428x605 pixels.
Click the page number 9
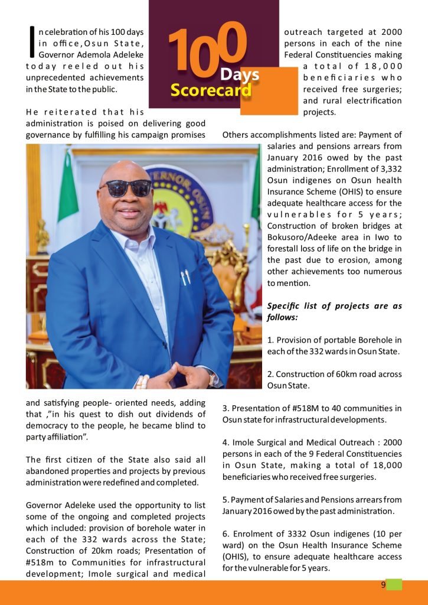click(x=383, y=585)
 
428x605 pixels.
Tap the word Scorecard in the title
click(x=211, y=90)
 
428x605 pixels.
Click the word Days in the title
click(x=240, y=74)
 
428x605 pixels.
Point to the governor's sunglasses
click(x=125, y=188)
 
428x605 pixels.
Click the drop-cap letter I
click(x=31, y=43)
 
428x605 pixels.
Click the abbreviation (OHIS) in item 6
click(x=236, y=557)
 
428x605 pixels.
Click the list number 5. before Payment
click(x=226, y=499)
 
